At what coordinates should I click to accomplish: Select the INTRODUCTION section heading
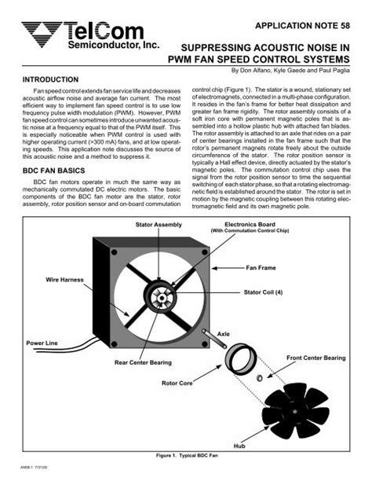coord(53,80)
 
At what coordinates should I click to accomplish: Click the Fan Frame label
coord(265,268)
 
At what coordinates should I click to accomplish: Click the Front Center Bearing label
coord(315,358)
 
